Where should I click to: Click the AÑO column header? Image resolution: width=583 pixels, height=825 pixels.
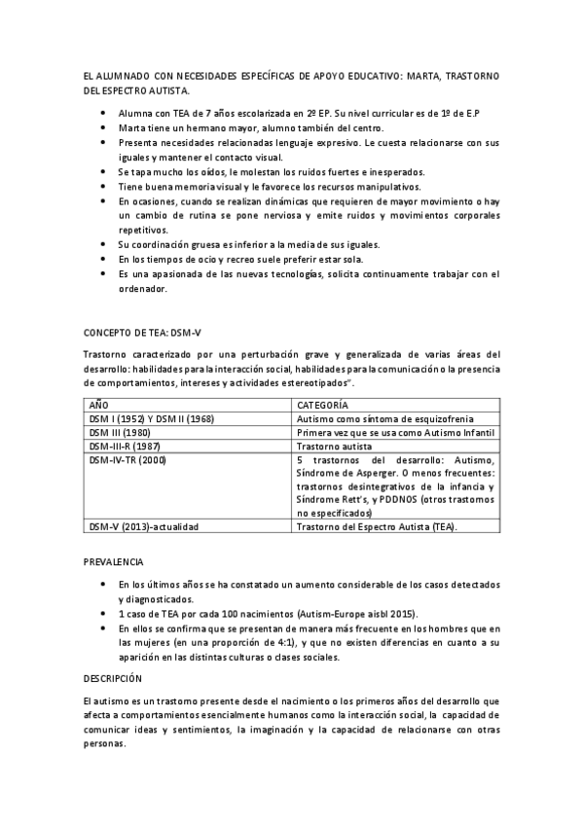pyautogui.click(x=99, y=404)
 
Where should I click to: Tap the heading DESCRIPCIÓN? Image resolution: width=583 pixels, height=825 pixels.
pyautogui.click(x=113, y=677)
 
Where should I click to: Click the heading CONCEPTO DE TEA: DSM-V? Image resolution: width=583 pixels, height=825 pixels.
pyautogui.click(x=141, y=332)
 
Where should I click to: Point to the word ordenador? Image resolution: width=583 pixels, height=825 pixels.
pyautogui.click(x=143, y=288)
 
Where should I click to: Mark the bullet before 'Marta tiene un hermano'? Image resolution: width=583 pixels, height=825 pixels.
pyautogui.click(x=104, y=127)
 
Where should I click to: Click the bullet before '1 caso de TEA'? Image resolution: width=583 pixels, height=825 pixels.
pyautogui.click(x=104, y=616)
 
